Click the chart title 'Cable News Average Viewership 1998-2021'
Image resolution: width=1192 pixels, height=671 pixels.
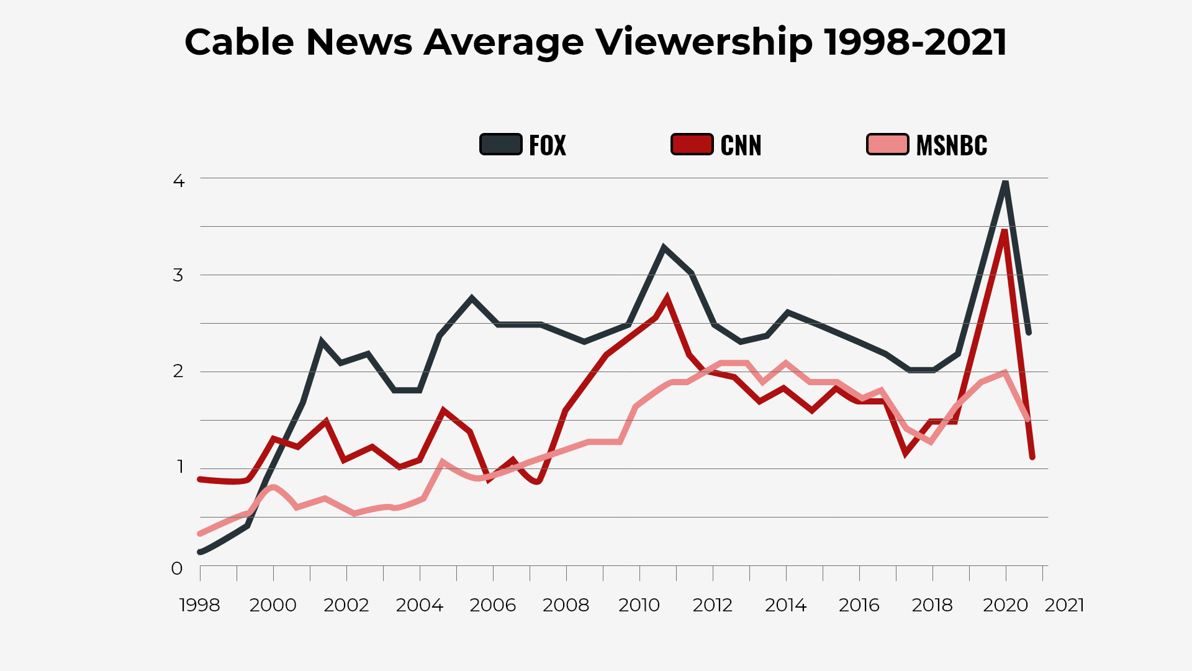tap(595, 42)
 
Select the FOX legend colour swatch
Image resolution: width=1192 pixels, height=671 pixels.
tap(500, 144)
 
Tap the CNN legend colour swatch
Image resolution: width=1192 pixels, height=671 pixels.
tap(692, 144)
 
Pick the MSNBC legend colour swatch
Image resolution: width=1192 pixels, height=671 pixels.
tap(887, 144)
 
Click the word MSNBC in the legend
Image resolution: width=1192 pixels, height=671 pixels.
tap(951, 145)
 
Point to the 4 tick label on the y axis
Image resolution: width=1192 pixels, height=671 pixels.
tap(179, 181)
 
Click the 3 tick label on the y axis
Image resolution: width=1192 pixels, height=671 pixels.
tap(178, 275)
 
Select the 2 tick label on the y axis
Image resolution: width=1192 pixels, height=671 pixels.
tap(178, 371)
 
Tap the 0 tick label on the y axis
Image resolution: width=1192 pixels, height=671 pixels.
tap(177, 568)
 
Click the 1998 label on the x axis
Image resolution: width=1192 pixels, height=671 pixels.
tap(199, 605)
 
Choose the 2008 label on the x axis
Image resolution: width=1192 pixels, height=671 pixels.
tap(566, 605)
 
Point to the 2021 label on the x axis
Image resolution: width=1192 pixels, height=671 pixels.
tap(1064, 605)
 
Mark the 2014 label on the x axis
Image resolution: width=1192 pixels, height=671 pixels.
tap(785, 605)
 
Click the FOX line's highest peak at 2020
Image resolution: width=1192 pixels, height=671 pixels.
tap(1005, 183)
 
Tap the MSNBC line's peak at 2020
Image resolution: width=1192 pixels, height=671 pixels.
tap(1004, 373)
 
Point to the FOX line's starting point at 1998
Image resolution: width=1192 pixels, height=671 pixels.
tap(200, 552)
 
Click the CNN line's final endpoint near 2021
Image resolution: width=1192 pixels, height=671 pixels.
tap(1032, 457)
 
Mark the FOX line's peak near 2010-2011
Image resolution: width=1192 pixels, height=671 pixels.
tap(664, 247)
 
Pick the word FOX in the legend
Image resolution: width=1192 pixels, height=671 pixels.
tap(547, 145)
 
